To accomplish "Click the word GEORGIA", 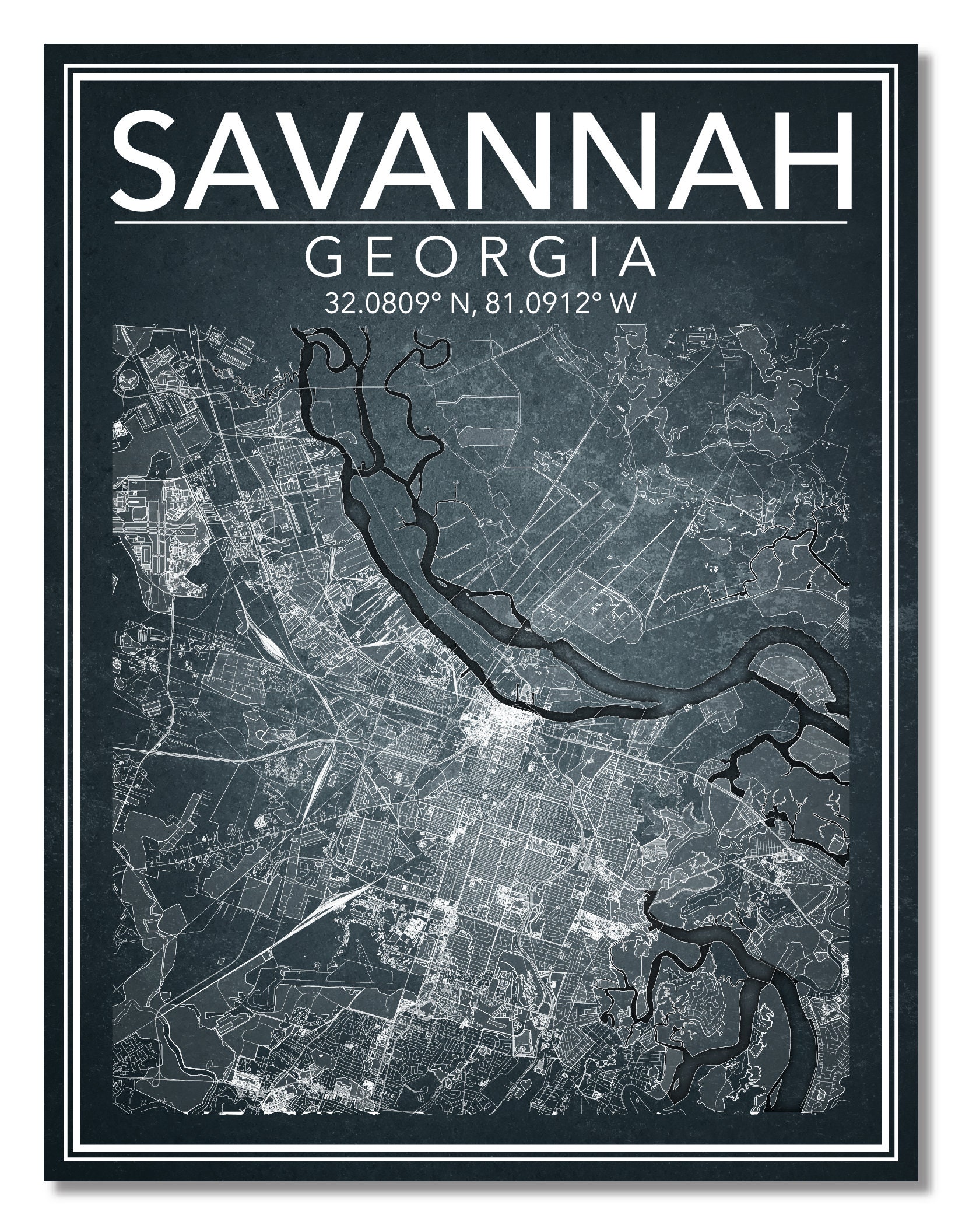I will [481, 257].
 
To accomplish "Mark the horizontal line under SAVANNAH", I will [481, 222].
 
